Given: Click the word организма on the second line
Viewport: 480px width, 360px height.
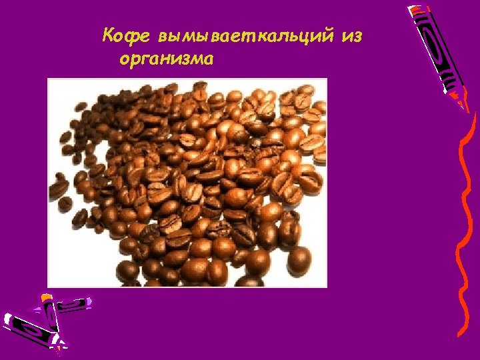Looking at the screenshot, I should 167,59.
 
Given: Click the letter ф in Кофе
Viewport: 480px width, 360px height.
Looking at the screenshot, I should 132,36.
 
